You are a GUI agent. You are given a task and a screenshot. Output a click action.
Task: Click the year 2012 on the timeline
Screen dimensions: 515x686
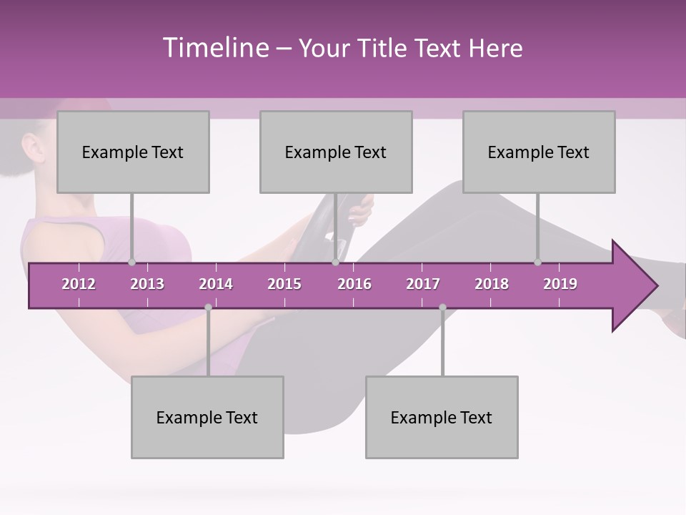[x=79, y=284]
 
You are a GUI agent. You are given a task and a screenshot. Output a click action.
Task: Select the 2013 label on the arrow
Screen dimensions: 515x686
[x=147, y=284]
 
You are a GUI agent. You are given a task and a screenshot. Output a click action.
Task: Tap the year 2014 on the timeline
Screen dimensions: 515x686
[x=216, y=284]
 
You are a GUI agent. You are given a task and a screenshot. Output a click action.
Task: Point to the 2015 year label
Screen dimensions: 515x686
[x=284, y=284]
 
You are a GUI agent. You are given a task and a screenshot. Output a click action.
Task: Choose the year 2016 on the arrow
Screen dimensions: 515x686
[x=354, y=284]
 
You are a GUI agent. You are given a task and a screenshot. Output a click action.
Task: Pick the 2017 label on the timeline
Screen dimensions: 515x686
[x=423, y=284]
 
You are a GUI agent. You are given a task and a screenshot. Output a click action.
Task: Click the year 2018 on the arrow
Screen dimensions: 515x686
[x=492, y=284]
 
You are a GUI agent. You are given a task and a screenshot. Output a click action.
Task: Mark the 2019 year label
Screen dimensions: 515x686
[x=560, y=284]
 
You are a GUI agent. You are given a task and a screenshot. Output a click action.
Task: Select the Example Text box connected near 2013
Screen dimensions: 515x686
[x=133, y=152]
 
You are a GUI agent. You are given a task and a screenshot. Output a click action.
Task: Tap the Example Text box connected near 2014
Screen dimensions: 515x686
[x=207, y=417]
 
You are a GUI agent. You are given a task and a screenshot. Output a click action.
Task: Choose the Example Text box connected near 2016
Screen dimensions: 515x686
[x=336, y=152]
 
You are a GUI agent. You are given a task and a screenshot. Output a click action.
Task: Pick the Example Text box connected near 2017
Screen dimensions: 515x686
[x=442, y=417]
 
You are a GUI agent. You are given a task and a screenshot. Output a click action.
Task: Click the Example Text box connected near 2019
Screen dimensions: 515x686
[x=539, y=152]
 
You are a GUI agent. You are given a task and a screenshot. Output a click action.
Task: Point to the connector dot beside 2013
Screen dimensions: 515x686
[x=131, y=263]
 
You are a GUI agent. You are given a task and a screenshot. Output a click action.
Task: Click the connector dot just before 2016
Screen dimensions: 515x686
[x=335, y=263]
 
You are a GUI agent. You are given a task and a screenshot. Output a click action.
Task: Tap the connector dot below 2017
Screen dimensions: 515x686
[x=442, y=308]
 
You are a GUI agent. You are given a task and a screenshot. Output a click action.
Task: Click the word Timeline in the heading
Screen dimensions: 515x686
[x=215, y=48]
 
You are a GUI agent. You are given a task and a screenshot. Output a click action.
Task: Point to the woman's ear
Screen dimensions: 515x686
[x=32, y=149]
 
